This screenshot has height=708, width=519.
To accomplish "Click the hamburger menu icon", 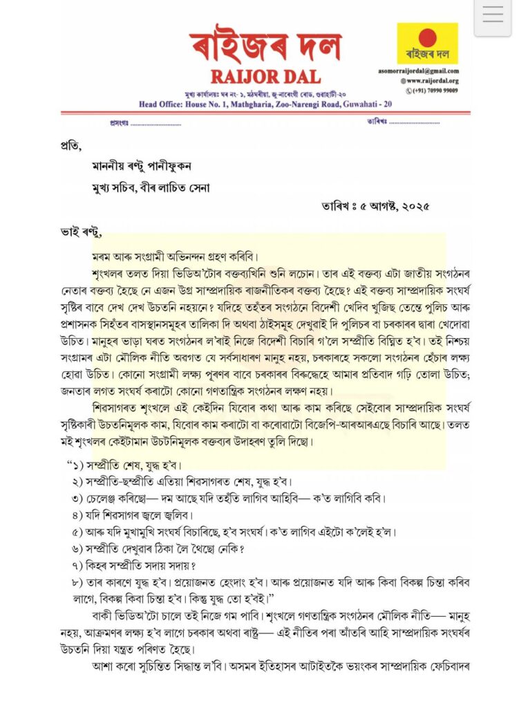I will tap(492, 16).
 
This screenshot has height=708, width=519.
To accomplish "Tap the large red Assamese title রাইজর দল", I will tap(266, 43).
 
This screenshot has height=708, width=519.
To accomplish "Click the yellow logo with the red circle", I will tap(427, 43).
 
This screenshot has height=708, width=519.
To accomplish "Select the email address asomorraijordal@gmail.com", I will tap(428, 71).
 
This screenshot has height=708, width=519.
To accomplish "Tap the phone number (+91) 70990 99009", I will tap(432, 90).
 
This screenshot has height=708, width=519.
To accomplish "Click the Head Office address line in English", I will tap(265, 104).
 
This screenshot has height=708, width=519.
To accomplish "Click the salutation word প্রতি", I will tap(70, 146).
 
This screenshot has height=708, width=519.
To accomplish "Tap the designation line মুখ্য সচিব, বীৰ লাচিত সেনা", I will tap(151, 187).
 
